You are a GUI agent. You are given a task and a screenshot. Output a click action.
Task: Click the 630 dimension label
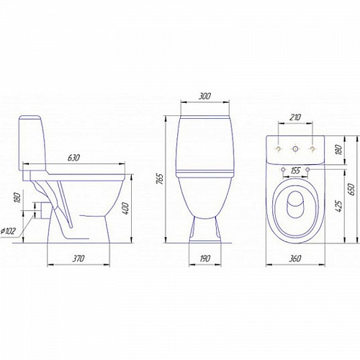(73, 158)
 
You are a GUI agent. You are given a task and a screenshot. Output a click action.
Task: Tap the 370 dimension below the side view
(78, 258)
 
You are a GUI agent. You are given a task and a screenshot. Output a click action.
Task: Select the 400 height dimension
(125, 209)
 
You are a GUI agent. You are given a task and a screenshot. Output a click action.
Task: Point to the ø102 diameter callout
(8, 231)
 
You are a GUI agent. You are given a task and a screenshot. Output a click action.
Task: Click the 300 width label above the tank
(204, 96)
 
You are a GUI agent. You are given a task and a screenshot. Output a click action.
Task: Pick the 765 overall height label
(160, 179)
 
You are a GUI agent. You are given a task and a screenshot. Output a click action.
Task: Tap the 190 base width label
(204, 258)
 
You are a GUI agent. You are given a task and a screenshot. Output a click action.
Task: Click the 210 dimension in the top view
(295, 117)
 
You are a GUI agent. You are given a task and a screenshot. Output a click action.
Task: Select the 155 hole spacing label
(295, 171)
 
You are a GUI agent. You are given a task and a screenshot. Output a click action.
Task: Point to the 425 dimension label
(339, 206)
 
